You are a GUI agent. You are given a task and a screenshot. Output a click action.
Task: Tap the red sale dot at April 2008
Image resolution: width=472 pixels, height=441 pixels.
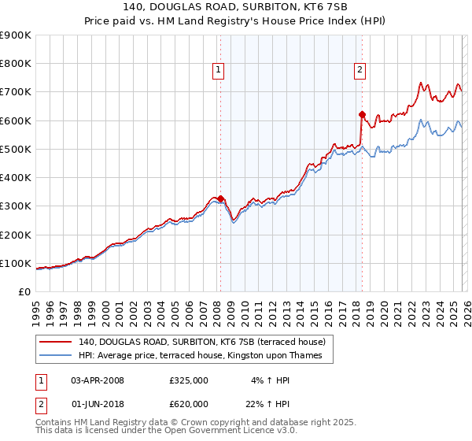point(220,198)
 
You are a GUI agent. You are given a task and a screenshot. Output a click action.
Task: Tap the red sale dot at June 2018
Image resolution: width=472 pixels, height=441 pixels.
point(362,115)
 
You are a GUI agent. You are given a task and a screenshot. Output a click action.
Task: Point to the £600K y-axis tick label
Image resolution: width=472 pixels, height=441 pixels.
point(16,120)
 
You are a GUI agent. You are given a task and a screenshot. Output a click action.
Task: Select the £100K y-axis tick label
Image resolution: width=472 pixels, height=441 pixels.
point(16,263)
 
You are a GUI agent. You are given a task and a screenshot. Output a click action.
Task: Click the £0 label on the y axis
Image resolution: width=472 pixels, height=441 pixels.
point(24,291)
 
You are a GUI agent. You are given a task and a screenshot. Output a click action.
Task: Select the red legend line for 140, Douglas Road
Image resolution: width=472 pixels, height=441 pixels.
point(56,342)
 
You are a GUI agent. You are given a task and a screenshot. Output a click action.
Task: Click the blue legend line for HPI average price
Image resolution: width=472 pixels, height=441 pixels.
point(56,356)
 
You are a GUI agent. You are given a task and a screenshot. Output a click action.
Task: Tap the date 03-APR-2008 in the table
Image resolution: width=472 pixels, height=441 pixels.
point(98,380)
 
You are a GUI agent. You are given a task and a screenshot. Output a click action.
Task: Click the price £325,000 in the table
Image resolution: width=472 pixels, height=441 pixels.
point(189,380)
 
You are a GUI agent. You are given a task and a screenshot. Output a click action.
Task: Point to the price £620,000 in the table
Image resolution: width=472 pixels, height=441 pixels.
point(189,406)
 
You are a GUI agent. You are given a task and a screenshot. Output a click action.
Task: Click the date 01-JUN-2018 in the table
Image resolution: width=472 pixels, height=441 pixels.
point(98,406)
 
